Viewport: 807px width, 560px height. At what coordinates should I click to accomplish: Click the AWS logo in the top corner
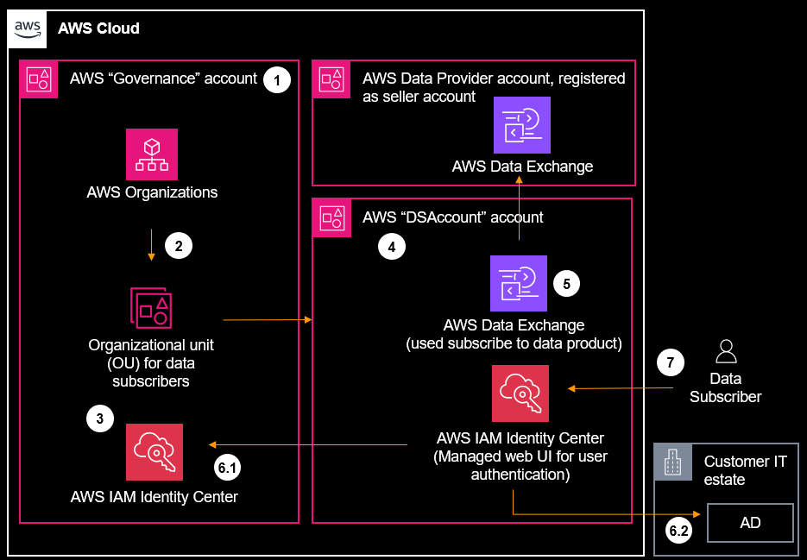[28, 28]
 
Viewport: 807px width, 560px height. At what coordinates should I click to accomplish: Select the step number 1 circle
[276, 80]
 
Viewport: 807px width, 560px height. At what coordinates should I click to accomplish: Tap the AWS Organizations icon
[152, 154]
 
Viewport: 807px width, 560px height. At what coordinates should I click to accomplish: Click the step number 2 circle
[179, 245]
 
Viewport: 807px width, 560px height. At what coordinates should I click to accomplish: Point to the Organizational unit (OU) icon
[152, 307]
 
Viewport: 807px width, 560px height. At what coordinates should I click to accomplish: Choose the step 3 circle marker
[100, 419]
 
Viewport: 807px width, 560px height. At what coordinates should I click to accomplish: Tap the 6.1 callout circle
[227, 469]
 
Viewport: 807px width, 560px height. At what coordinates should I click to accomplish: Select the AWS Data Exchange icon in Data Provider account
[521, 125]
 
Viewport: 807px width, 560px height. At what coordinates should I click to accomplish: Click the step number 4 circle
[392, 248]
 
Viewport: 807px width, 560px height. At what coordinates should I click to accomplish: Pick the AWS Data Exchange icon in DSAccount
[519, 283]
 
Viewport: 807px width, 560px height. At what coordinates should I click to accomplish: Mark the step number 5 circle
[566, 282]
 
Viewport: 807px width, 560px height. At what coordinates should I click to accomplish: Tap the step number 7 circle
[670, 363]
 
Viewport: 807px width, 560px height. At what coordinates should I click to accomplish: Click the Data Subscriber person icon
[726, 350]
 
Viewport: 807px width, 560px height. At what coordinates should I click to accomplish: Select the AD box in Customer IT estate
[750, 523]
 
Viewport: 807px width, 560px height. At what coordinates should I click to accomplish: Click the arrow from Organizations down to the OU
[152, 245]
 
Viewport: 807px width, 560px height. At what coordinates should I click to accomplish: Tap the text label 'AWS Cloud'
[98, 28]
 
